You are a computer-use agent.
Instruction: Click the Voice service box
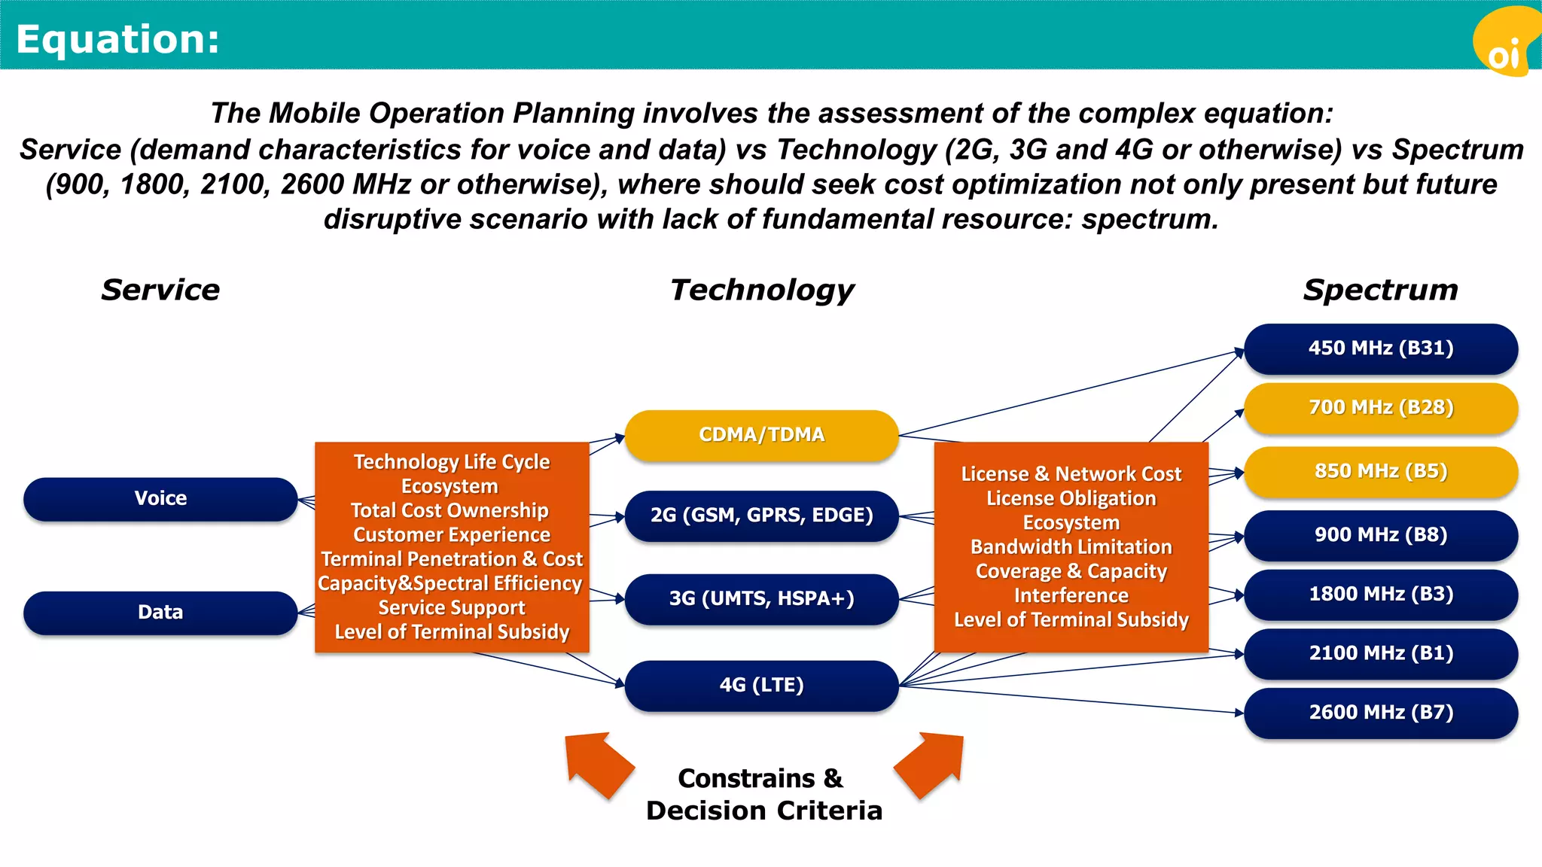(x=160, y=499)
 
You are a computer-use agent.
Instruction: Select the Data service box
(x=160, y=613)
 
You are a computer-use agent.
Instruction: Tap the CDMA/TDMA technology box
(x=761, y=435)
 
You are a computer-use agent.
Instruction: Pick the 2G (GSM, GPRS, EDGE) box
(x=761, y=516)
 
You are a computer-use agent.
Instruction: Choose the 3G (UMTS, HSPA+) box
(x=761, y=599)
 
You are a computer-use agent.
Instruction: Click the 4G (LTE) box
(x=761, y=686)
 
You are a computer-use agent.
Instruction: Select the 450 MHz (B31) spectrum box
(x=1380, y=348)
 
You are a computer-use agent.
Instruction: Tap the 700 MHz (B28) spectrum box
(x=1380, y=408)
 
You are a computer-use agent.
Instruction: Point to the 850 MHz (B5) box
(x=1380, y=472)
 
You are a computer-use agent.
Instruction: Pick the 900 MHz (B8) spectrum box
(x=1380, y=535)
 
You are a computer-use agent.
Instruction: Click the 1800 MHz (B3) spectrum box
(x=1380, y=595)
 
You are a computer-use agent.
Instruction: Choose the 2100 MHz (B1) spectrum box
(x=1380, y=653)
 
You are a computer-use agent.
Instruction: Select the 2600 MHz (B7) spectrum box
(x=1380, y=713)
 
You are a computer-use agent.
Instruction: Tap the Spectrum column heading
(x=1380, y=291)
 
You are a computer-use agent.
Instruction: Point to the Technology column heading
(x=762, y=291)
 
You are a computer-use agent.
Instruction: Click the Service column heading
(x=160, y=291)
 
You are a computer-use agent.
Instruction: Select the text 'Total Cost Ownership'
(x=450, y=511)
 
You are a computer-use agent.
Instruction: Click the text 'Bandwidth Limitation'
(x=1071, y=547)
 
